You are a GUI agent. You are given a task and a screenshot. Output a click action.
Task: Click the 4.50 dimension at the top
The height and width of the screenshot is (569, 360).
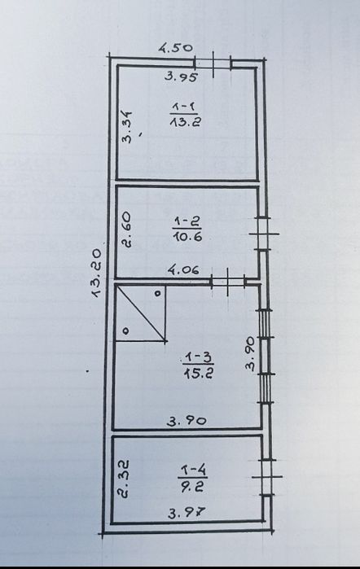coord(176,48)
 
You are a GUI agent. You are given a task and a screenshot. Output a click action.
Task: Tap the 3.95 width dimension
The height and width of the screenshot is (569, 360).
coord(181,77)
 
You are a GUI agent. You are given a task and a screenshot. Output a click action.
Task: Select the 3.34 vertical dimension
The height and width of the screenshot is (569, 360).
coord(127,127)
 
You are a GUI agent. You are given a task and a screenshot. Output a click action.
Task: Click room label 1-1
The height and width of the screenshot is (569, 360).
coord(184,107)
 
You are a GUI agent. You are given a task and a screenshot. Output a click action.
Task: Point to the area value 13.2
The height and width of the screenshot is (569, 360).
coord(185,121)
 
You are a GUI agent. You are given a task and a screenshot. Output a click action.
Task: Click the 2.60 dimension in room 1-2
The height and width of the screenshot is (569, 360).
coord(127,230)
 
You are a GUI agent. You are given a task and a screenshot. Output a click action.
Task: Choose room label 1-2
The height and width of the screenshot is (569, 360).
coord(187,221)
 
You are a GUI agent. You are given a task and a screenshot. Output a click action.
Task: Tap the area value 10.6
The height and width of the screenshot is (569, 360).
coord(187,237)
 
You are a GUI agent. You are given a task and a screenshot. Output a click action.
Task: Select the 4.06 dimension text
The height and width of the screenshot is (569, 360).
coord(183,270)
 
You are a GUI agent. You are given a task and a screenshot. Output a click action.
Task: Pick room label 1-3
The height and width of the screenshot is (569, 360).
coord(198,357)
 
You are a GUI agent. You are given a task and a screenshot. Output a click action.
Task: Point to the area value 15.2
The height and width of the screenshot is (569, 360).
coord(199,373)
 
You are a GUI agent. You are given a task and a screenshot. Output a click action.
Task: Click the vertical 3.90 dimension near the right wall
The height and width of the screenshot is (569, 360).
coord(250,353)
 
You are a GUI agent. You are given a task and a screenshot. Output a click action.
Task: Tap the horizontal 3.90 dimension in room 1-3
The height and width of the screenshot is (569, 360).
coord(187,421)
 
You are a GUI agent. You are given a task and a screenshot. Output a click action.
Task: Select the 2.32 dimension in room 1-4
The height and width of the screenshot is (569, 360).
coord(124,479)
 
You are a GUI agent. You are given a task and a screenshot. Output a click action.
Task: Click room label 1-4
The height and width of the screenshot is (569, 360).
coord(193,471)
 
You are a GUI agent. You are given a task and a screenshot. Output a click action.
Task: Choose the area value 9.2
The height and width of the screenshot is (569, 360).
coord(192,487)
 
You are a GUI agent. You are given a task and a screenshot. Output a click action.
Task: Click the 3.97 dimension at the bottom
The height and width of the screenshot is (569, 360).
coord(187,513)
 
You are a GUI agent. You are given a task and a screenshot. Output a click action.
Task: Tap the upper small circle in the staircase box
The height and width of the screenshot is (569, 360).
coord(158,293)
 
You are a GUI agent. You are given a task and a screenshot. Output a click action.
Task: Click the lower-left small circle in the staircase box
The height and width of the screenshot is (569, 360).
coord(126,331)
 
